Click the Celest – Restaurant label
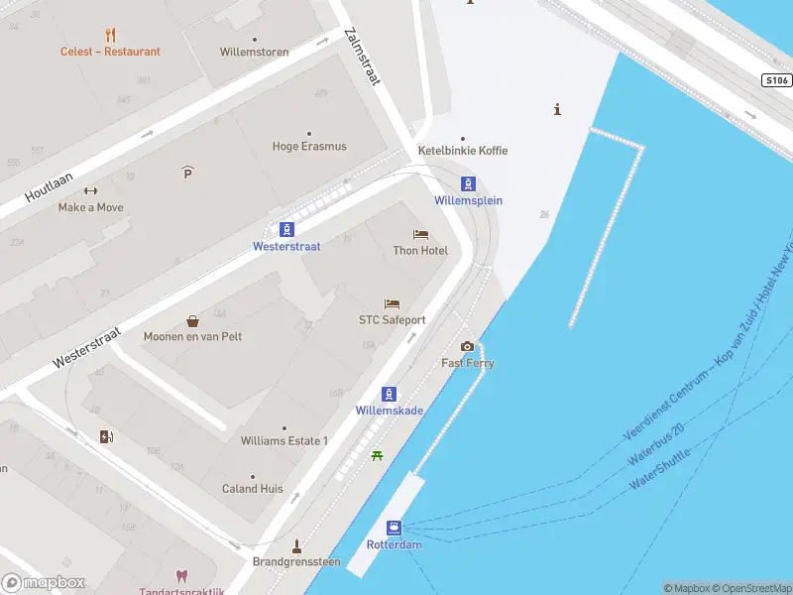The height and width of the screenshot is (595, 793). [110, 52]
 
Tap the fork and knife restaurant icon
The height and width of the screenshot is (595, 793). [110, 35]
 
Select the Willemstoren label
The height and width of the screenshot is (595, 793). [255, 52]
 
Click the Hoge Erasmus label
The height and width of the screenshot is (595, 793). [309, 147]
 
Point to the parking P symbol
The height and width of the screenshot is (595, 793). [187, 173]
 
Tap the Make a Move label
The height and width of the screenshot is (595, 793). [91, 207]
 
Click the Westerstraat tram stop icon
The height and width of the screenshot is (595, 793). [286, 229]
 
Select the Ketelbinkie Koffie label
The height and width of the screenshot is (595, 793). [463, 151]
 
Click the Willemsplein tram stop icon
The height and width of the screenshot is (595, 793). [468, 183]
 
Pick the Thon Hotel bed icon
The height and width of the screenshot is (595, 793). [420, 235]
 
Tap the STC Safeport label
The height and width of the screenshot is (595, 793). [392, 320]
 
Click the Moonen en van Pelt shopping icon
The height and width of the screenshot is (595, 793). [192, 321]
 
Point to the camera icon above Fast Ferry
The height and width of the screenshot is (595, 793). [468, 346]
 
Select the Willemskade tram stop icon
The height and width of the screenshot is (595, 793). [389, 394]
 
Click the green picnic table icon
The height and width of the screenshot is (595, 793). [377, 455]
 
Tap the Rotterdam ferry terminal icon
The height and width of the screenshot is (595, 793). [395, 528]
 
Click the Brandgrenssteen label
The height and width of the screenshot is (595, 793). [295, 561]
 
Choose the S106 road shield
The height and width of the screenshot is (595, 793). [776, 80]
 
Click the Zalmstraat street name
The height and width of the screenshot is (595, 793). [361, 57]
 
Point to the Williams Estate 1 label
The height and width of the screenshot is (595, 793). [283, 440]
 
